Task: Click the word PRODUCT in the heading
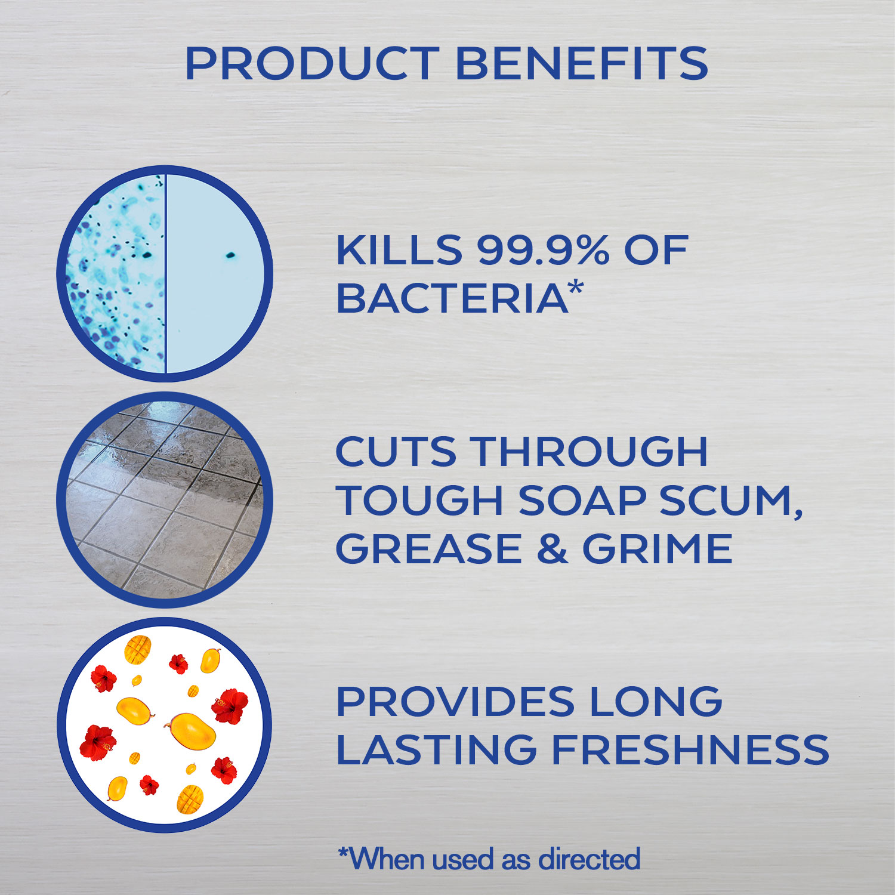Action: tap(313, 63)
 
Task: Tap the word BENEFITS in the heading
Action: tap(582, 63)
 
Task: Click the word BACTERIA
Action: tap(452, 298)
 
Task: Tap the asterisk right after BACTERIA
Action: tap(575, 288)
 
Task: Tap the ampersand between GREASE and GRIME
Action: tap(551, 549)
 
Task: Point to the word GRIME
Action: tap(657, 549)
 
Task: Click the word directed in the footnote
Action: tap(590, 859)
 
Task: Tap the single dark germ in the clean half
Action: tap(230, 256)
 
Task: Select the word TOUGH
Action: tap(420, 500)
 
